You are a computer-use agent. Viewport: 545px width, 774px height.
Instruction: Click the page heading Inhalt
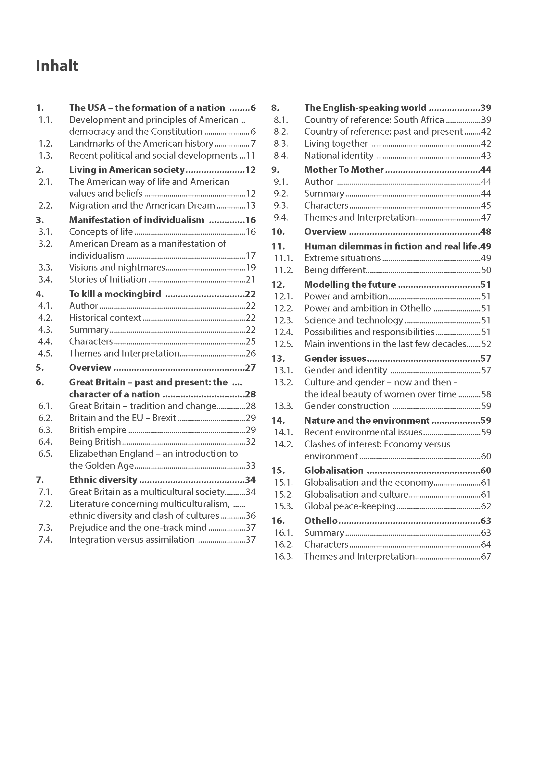click(57, 66)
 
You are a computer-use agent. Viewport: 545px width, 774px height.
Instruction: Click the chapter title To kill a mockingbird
click(115, 294)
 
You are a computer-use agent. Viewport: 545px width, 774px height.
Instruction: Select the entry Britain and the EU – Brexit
click(122, 418)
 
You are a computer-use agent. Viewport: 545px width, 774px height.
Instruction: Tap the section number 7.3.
click(45, 527)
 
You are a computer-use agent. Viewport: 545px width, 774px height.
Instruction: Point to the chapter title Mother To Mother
click(344, 170)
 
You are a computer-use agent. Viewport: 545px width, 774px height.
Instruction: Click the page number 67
click(486, 557)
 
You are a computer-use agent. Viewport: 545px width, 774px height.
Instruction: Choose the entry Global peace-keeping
click(349, 506)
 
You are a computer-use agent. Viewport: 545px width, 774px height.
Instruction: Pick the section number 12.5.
click(283, 344)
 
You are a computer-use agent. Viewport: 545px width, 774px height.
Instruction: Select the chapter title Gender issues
click(335, 358)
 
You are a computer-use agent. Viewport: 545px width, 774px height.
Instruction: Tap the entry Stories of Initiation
click(108, 279)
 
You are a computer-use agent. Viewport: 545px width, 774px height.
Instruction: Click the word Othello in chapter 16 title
click(321, 521)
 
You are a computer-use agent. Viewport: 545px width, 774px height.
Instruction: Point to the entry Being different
click(335, 270)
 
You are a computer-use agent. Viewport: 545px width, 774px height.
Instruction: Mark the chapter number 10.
click(278, 232)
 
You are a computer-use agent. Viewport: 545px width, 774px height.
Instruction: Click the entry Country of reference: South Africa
click(374, 120)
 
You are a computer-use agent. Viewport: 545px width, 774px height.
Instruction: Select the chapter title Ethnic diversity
click(103, 480)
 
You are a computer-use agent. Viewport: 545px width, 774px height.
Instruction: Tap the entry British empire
click(97, 430)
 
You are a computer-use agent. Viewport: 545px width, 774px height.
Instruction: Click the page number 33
click(250, 466)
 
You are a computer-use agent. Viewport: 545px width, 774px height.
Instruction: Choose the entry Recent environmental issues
click(363, 432)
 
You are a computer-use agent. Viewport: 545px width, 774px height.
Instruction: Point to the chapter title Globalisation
click(334, 471)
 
